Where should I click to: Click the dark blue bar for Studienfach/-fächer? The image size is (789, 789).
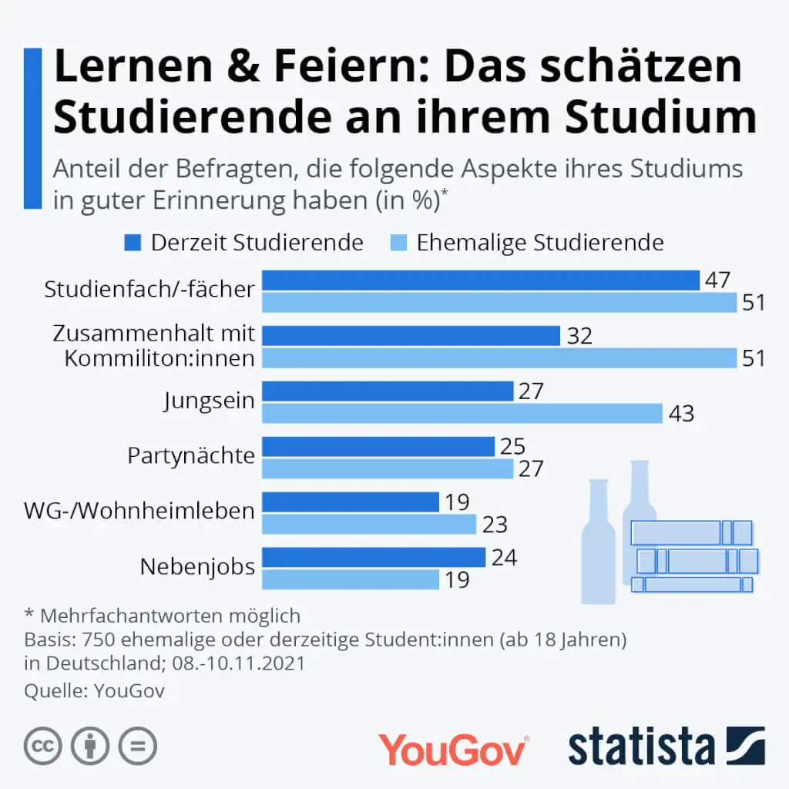tap(480, 280)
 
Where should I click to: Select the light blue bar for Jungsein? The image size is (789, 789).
tap(462, 414)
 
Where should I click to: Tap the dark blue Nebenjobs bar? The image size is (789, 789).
tap(374, 557)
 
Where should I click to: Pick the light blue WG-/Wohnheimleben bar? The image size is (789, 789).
tap(369, 525)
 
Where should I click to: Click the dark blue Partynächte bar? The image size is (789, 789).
tap(378, 447)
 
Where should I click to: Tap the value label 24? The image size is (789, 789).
tap(503, 557)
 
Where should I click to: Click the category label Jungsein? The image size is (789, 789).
tap(209, 401)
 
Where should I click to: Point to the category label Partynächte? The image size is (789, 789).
tap(191, 456)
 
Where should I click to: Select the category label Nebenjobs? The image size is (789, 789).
tap(197, 568)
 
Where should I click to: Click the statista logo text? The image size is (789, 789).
tap(641, 745)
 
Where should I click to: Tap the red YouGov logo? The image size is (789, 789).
tap(454, 748)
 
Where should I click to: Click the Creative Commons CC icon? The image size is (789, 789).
tap(43, 746)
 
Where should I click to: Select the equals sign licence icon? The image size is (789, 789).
tap(137, 746)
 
